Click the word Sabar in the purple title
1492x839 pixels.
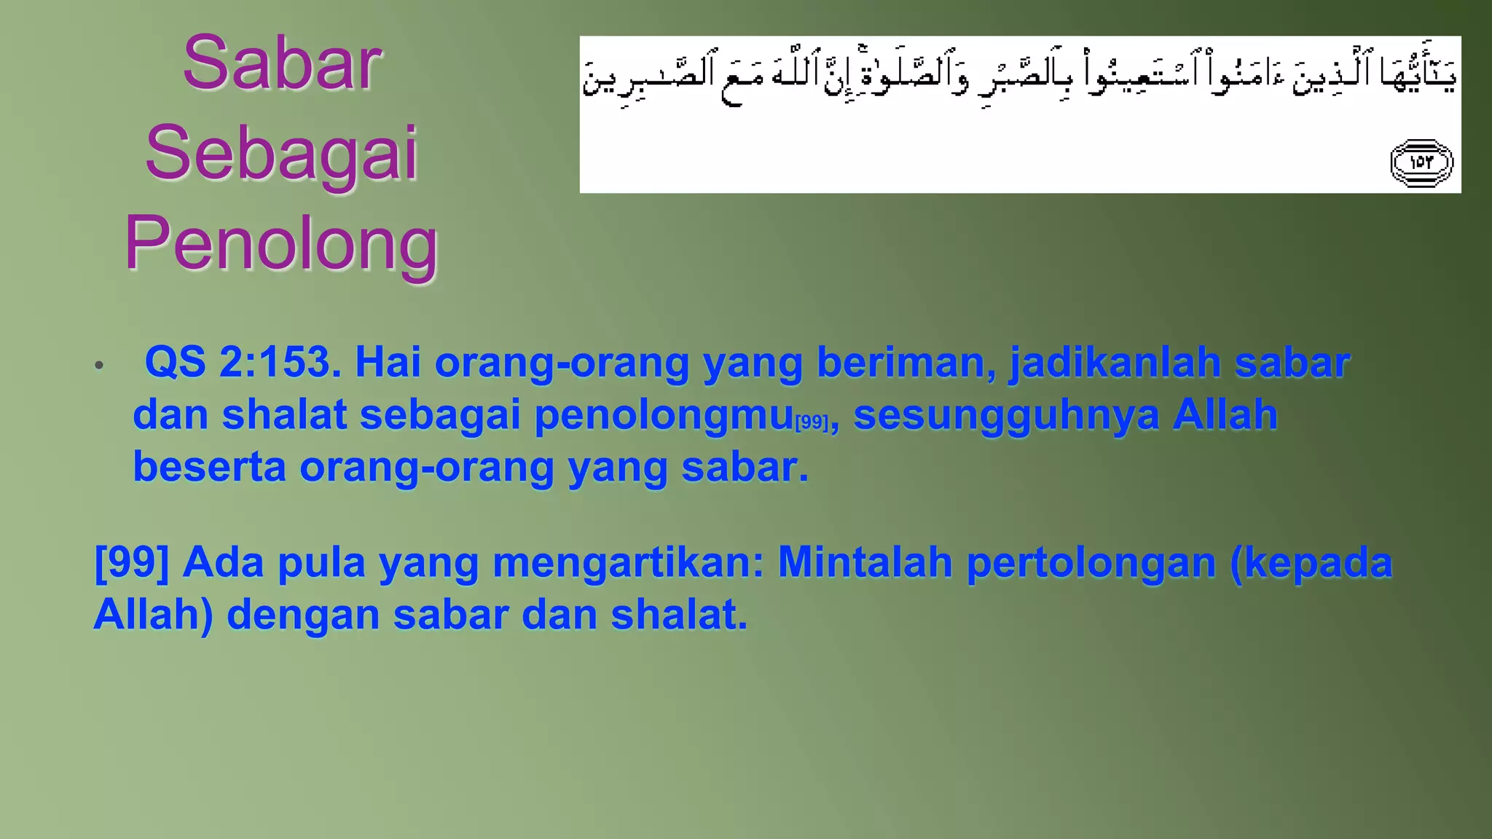[281, 63]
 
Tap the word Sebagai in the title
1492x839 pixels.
[281, 154]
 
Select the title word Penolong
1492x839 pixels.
[281, 244]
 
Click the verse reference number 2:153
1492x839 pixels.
[280, 361]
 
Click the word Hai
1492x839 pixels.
[388, 361]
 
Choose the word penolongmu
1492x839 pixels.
[664, 415]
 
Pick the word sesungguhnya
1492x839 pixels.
[1005, 415]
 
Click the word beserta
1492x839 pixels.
[209, 467]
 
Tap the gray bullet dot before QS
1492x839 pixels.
[99, 365]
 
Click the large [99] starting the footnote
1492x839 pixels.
[132, 562]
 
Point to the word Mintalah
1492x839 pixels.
[865, 562]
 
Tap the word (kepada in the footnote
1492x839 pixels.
[1311, 562]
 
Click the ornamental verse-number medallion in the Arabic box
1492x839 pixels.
[1421, 162]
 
